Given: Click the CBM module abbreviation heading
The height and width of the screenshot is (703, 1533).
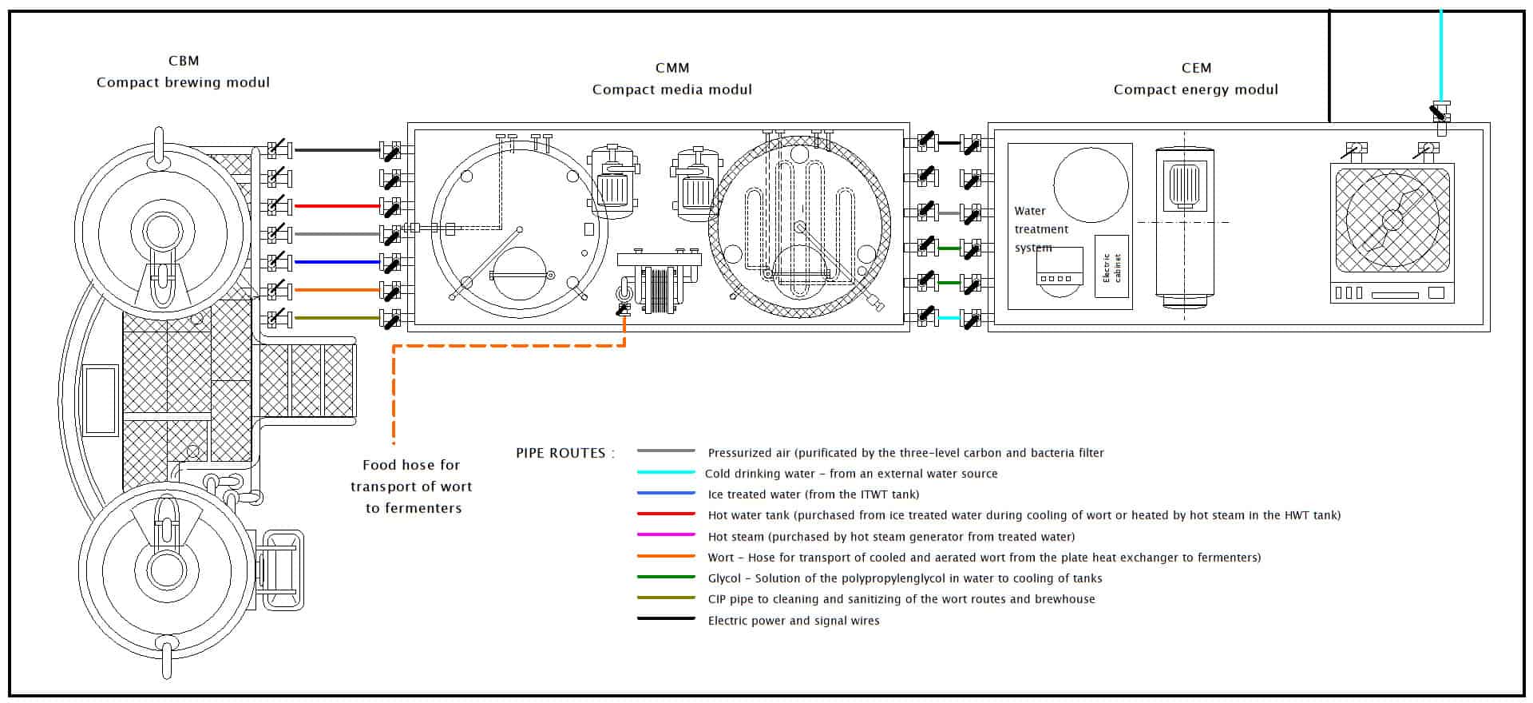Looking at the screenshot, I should point(184,61).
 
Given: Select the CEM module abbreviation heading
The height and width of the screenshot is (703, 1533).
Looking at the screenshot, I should point(1196,68).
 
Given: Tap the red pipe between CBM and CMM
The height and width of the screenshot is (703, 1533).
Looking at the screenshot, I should point(336,206).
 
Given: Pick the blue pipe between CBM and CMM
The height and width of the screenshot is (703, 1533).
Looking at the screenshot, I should point(336,262).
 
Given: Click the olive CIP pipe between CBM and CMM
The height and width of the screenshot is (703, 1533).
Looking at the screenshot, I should point(336,318).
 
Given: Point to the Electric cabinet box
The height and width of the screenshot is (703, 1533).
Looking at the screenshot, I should point(1111,267).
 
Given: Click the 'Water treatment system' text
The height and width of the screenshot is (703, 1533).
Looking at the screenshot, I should point(1041,229).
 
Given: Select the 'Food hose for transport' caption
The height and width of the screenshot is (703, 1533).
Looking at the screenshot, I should point(412,486).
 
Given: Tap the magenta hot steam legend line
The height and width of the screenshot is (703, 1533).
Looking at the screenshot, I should point(666,534).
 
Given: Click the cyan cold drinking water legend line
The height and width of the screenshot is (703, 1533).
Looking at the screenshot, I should point(666,472).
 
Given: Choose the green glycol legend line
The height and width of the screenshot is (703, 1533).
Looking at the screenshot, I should point(666,577).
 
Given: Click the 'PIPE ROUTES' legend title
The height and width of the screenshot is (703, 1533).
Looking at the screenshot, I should point(565,453).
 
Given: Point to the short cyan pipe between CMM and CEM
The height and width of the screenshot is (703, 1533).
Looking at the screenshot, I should point(949,318).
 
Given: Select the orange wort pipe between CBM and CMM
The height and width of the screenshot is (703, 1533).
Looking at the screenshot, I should point(336,290).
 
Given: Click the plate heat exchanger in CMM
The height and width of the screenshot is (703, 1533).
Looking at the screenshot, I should point(660,284).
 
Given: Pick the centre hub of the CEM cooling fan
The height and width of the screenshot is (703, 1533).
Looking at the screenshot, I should point(1392,219).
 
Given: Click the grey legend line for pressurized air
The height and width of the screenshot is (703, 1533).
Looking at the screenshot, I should point(666,451).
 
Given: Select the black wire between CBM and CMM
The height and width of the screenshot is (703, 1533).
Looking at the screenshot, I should point(336,150).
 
